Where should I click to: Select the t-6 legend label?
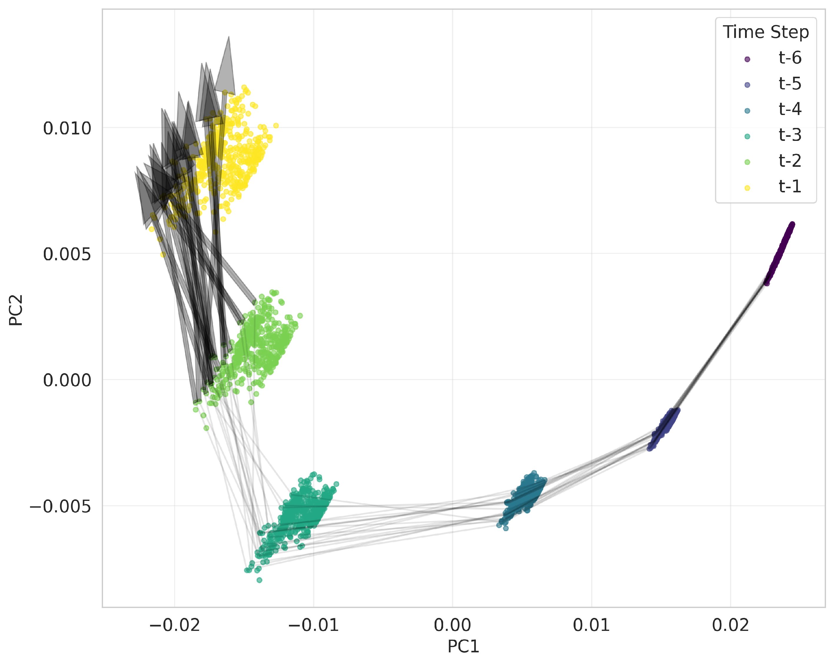[790, 58]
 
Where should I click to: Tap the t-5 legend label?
[790, 84]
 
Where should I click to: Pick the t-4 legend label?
[790, 109]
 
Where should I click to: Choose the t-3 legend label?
[790, 135]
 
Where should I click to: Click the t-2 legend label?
[790, 161]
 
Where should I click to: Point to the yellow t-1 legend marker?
[747, 188]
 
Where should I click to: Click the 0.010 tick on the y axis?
[67, 129]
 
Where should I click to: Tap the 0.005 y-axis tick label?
[67, 254]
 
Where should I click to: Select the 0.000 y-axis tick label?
[67, 380]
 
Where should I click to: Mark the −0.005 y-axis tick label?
[60, 506]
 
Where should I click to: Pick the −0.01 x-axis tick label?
[313, 625]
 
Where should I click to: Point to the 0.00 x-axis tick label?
[453, 625]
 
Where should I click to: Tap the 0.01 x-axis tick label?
[591, 625]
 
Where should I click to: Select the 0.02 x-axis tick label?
[730, 625]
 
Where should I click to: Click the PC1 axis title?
[463, 646]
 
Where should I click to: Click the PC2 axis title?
[16, 310]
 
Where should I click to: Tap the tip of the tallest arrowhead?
[229, 37]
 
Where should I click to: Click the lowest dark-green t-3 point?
[259, 580]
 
